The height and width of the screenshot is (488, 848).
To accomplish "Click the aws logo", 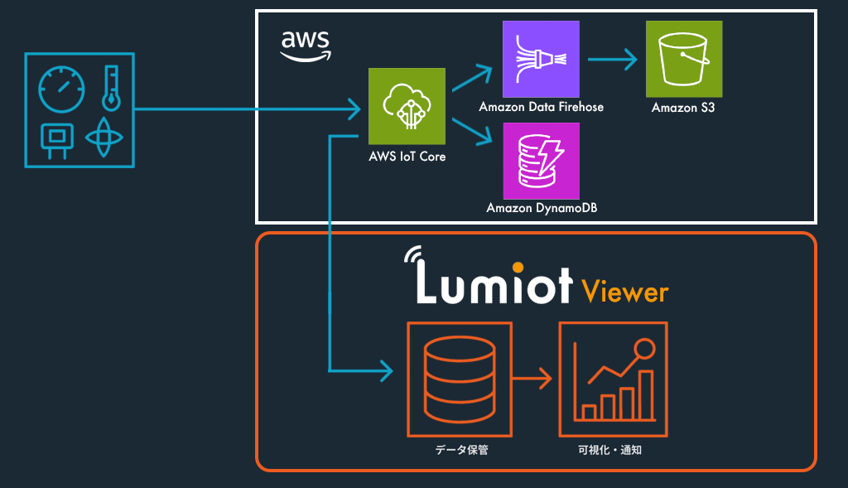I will (x=306, y=45).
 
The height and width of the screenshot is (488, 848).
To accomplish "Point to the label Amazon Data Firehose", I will (x=541, y=107).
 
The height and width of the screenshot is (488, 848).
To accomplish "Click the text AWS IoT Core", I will (x=407, y=156).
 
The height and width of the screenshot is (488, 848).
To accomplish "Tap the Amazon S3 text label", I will (x=683, y=107).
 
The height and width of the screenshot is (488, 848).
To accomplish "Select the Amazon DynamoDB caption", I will (x=541, y=208).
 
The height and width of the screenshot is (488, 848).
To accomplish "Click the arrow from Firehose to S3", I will (x=612, y=60).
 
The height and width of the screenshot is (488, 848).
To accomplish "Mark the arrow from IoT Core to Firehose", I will (x=475, y=81).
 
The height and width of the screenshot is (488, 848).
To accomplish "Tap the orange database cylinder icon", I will (x=459, y=379).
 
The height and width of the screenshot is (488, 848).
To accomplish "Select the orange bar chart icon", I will (x=613, y=380).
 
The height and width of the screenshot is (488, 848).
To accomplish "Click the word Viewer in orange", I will (x=624, y=292).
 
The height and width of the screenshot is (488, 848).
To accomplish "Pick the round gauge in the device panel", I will (x=62, y=89).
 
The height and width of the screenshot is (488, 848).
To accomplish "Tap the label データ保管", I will (x=459, y=452).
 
